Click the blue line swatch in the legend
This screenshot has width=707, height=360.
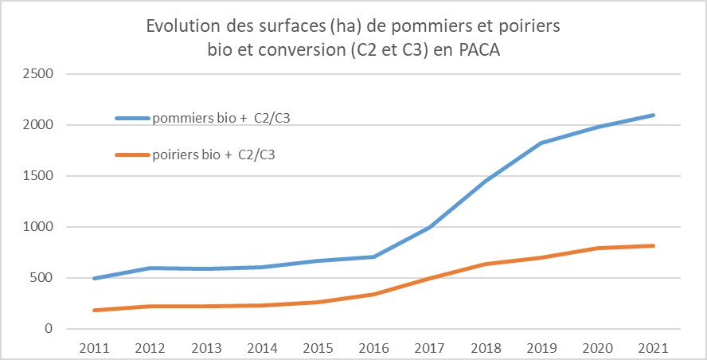click(132, 119)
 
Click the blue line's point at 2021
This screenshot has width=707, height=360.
click(653, 115)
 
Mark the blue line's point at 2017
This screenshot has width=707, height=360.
click(430, 227)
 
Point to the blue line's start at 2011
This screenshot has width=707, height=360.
click(96, 279)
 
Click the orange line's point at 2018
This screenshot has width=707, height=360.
click(486, 264)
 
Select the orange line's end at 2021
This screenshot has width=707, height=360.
click(653, 245)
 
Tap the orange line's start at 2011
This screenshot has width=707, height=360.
click(96, 310)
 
